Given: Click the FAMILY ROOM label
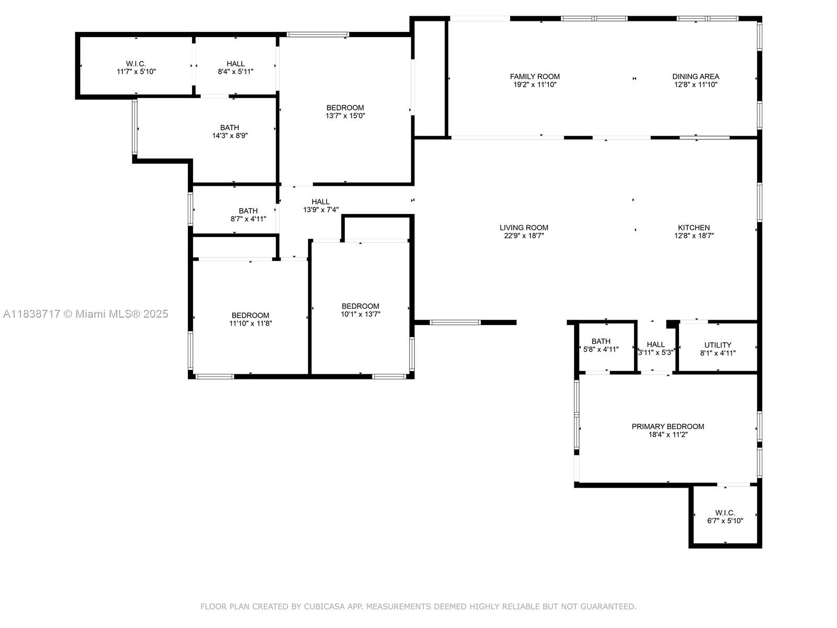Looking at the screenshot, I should pyautogui.click(x=535, y=76).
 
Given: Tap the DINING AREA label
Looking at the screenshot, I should pyautogui.click(x=695, y=76).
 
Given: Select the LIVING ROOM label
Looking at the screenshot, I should pyautogui.click(x=524, y=228).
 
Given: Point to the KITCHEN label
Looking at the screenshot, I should pyautogui.click(x=694, y=228).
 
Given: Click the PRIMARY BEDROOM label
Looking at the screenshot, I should pyautogui.click(x=668, y=427).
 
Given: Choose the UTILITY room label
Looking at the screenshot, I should pyautogui.click(x=718, y=345).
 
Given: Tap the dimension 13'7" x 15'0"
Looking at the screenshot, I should pyautogui.click(x=345, y=116).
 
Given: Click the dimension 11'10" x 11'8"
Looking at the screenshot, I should pyautogui.click(x=250, y=323).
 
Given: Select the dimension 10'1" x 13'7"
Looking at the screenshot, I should pyautogui.click(x=360, y=314).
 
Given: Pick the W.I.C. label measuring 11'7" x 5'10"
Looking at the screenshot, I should pyautogui.click(x=136, y=64).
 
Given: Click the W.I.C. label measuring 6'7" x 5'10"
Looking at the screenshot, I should pyautogui.click(x=725, y=513).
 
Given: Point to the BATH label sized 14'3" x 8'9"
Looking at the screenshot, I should pyautogui.click(x=229, y=128).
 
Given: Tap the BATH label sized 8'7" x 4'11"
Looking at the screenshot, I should pyautogui.click(x=248, y=211).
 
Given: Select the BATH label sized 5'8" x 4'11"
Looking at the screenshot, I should pyautogui.click(x=601, y=341).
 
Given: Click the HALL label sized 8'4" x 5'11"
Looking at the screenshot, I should pyautogui.click(x=235, y=64).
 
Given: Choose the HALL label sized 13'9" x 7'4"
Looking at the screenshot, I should pyautogui.click(x=321, y=201).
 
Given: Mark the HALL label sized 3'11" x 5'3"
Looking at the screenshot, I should pyautogui.click(x=655, y=344).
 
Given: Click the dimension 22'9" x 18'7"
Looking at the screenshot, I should pyautogui.click(x=524, y=235).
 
